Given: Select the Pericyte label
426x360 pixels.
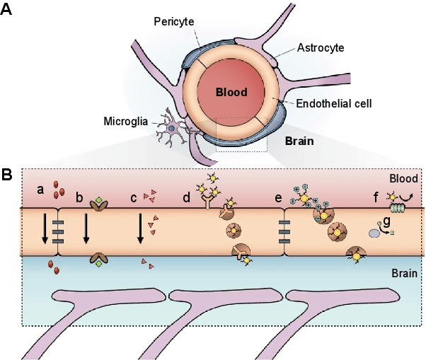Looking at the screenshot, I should [173, 22].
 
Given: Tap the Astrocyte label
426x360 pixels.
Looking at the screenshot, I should [321, 47].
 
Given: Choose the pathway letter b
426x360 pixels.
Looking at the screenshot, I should [80, 197].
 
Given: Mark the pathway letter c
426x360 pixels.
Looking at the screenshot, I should [133, 197].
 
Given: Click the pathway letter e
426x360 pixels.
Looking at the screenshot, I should [277, 197].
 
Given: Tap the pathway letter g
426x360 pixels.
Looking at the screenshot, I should [386, 219].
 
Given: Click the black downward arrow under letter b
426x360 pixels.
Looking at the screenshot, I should [86, 231].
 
